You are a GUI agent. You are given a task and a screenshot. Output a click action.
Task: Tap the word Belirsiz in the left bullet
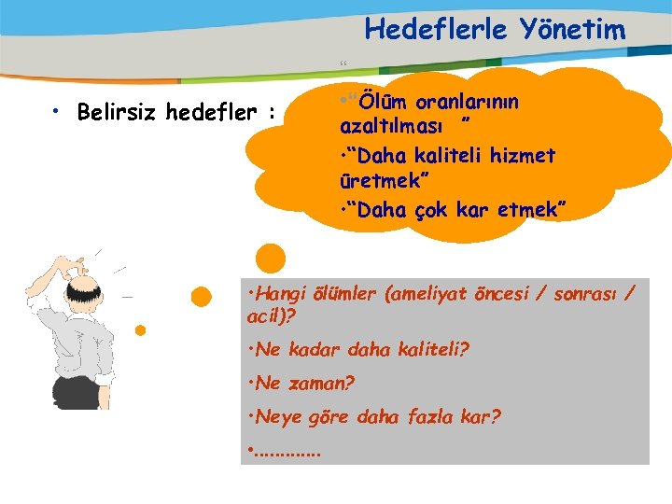(118, 114)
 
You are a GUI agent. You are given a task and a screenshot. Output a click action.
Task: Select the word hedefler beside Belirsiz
(214, 114)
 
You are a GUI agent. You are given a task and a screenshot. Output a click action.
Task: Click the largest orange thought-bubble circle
(271, 259)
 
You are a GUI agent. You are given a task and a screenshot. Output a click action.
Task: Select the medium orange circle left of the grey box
(201, 297)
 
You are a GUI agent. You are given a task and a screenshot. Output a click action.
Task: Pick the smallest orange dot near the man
(140, 330)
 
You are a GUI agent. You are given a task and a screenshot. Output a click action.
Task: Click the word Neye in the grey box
(275, 416)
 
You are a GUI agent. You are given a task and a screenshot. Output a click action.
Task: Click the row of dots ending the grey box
(286, 452)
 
